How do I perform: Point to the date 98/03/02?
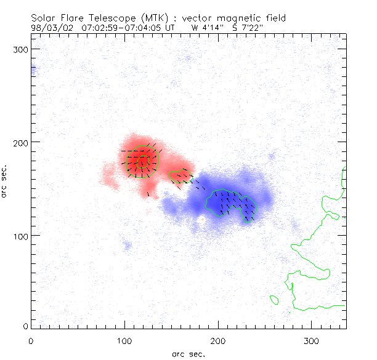click(50, 27)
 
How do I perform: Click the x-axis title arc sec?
click(188, 353)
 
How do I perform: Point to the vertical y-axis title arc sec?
click(5, 180)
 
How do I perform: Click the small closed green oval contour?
click(275, 300)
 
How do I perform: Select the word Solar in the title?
click(44, 17)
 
